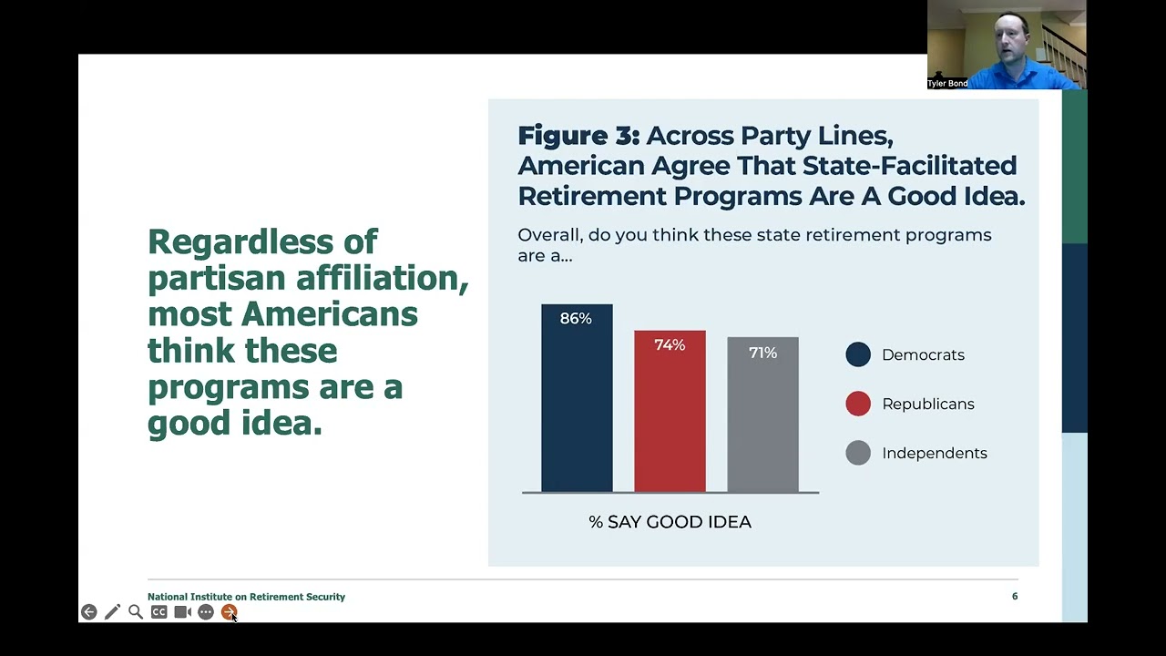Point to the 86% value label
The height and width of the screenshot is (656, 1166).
tap(576, 318)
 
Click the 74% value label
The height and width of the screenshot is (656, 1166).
tap(670, 344)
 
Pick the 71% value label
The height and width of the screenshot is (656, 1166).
tap(762, 352)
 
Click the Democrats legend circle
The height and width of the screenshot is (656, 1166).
tap(858, 354)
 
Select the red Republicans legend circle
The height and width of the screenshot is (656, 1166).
tap(858, 404)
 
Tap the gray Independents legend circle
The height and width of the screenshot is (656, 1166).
tap(858, 453)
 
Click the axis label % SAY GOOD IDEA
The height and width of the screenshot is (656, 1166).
tap(670, 522)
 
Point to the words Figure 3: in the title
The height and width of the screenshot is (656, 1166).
tap(578, 136)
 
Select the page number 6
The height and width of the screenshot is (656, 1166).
tap(1015, 596)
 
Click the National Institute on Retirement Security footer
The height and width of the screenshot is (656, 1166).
tap(246, 597)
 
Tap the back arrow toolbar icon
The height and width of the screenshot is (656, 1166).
tap(88, 612)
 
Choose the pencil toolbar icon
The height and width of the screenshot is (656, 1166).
tap(112, 612)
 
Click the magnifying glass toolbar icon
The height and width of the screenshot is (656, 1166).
tap(136, 612)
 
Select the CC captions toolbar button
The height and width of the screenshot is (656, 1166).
tap(159, 612)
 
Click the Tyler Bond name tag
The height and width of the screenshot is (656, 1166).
tap(947, 83)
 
